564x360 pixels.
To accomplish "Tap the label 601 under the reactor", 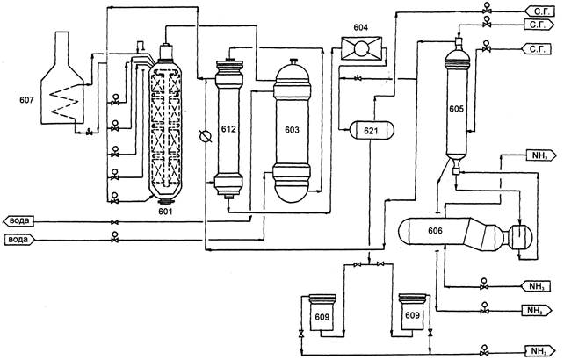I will pos(167,211).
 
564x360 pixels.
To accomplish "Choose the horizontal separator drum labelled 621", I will pos(370,130).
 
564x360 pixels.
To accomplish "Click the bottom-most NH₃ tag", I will pos(537,352).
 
